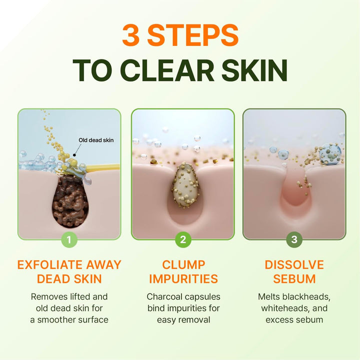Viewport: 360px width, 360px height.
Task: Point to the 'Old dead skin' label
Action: (x=96, y=140)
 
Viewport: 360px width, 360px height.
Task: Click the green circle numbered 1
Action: (x=69, y=239)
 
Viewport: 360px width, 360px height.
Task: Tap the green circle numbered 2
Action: (x=182, y=239)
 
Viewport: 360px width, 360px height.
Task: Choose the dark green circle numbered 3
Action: (x=294, y=239)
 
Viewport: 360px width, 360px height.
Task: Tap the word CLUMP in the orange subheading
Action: (x=183, y=265)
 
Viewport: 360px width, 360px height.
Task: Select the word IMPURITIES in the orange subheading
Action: (x=183, y=278)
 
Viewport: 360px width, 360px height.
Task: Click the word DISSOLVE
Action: (x=294, y=265)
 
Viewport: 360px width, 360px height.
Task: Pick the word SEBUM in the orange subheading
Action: (x=294, y=278)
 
